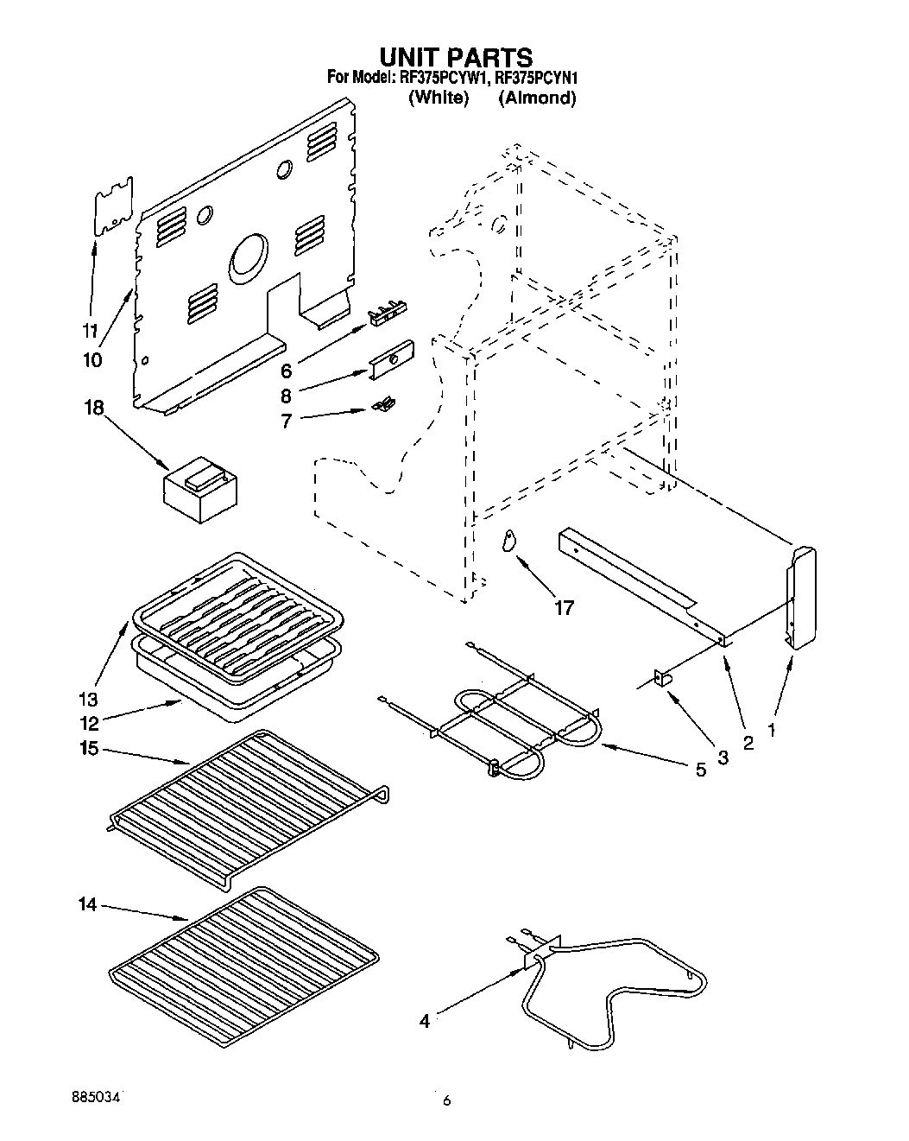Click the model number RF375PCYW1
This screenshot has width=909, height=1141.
coord(443,79)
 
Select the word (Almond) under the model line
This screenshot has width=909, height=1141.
coord(537,98)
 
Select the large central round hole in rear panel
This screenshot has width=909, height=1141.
coord(250,259)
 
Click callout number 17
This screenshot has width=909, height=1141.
coord(563,608)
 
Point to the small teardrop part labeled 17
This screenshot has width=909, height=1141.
coord(509,540)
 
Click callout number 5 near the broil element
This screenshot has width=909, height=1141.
coord(700,770)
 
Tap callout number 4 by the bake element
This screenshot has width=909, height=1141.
coord(424,1021)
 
